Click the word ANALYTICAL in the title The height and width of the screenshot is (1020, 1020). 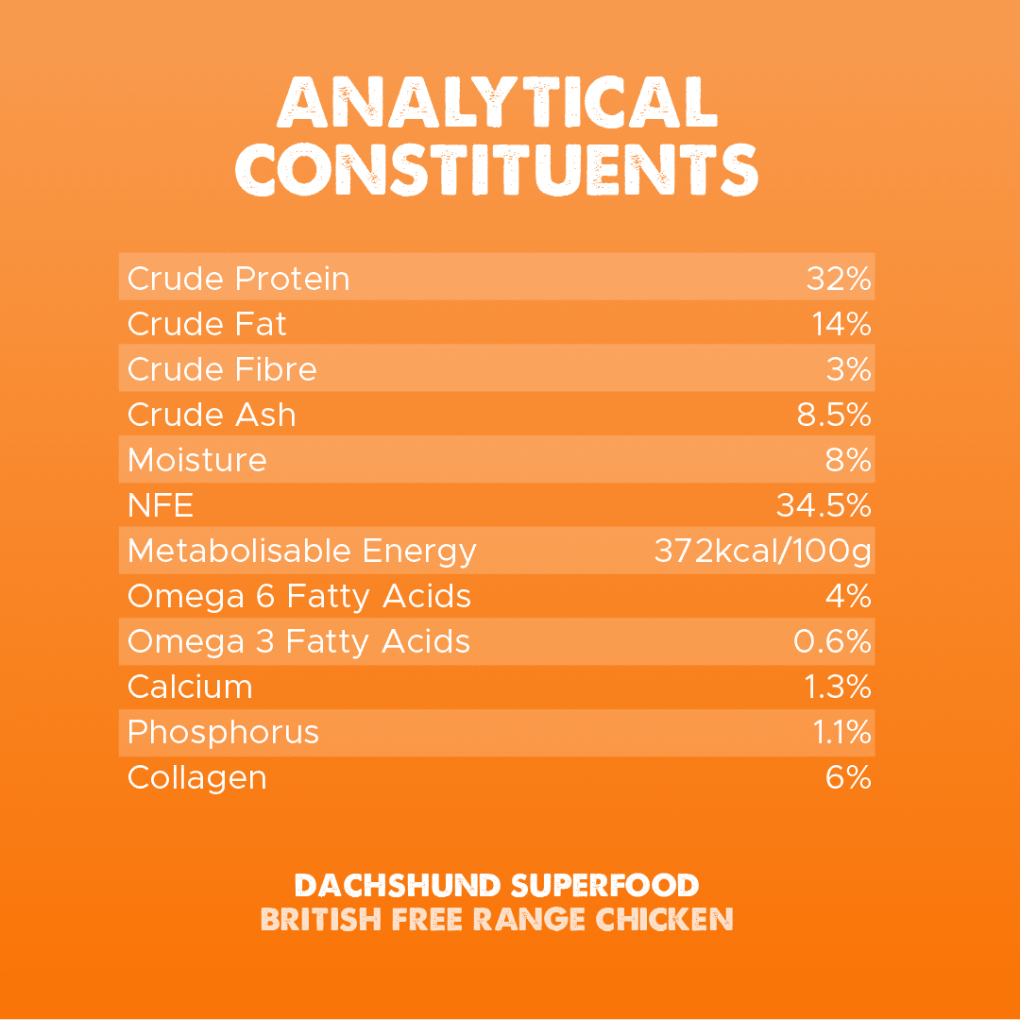pyautogui.click(x=497, y=101)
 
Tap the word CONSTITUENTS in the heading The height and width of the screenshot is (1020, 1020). pyautogui.click(x=497, y=169)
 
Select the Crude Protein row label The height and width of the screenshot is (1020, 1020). pyautogui.click(x=238, y=279)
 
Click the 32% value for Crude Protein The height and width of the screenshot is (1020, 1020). pyautogui.click(x=839, y=279)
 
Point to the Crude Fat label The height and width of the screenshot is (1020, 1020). pyautogui.click(x=207, y=324)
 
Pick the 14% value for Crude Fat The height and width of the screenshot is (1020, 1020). pyautogui.click(x=841, y=324)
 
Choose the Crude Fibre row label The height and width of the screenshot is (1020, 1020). pyautogui.click(x=222, y=369)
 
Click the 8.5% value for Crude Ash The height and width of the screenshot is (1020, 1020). pyautogui.click(x=834, y=415)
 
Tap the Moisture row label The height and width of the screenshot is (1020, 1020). pyautogui.click(x=197, y=460)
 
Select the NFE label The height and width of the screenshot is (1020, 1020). pyautogui.click(x=161, y=505)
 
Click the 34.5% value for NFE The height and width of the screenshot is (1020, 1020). pyautogui.click(x=824, y=505)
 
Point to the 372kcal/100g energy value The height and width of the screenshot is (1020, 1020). pyautogui.click(x=762, y=551)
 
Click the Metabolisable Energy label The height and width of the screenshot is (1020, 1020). pyautogui.click(x=302, y=551)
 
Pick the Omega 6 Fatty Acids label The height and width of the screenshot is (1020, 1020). pyautogui.click(x=298, y=596)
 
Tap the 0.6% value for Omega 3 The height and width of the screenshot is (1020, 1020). pyautogui.click(x=832, y=641)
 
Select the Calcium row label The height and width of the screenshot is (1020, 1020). pyautogui.click(x=190, y=687)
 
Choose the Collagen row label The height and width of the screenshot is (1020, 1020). pyautogui.click(x=196, y=777)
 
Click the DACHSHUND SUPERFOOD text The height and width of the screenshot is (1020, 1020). pyautogui.click(x=497, y=886)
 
